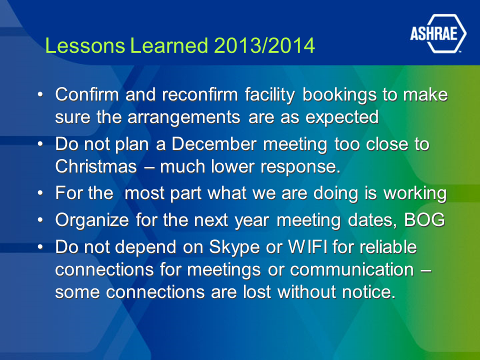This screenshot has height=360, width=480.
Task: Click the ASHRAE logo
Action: (x=438, y=33)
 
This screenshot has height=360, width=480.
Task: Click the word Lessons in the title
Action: (x=85, y=45)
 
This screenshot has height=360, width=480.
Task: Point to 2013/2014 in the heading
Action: (x=264, y=45)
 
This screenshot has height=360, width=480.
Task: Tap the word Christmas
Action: (x=96, y=167)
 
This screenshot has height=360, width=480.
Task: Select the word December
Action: (x=213, y=144)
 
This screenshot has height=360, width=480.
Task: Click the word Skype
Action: (x=234, y=247)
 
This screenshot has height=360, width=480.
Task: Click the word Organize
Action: (x=92, y=220)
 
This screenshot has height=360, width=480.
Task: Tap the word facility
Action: (x=269, y=94)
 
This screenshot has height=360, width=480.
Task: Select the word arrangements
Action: (x=183, y=117)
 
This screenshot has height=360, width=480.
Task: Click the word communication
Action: (x=351, y=269)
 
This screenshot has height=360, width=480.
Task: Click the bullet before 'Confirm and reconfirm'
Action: (x=40, y=94)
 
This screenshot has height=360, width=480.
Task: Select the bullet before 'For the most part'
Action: (x=40, y=193)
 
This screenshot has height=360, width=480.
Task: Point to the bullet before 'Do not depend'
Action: (x=40, y=246)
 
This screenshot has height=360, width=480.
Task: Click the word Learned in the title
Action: (x=169, y=45)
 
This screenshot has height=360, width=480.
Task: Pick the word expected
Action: (x=342, y=117)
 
